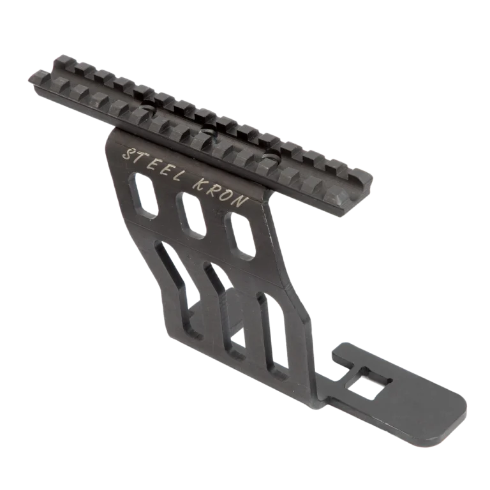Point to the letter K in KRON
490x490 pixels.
[x=200, y=186]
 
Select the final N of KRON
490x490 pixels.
[x=242, y=201]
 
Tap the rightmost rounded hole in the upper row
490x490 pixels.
[x=241, y=237]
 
